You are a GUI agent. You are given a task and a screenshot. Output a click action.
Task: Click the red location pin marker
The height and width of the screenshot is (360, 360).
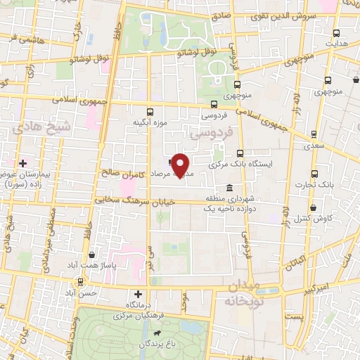tap(180, 166)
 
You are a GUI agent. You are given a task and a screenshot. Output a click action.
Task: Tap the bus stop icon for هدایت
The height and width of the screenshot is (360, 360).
tap(335, 32)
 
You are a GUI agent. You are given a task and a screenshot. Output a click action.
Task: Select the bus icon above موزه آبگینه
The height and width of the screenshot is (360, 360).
tap(149, 112)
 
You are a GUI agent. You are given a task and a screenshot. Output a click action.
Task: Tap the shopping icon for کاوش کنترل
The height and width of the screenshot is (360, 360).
tap(314, 208)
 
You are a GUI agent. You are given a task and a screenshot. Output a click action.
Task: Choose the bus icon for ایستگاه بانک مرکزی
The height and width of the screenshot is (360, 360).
tap(240, 153)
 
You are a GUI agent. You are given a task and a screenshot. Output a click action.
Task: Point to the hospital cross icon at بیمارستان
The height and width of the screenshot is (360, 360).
tap(23, 163)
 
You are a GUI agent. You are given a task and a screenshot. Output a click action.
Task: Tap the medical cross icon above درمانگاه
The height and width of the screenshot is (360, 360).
tap(138, 294)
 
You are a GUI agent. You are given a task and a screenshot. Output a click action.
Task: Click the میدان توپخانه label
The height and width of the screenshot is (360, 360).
tap(243, 292)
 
